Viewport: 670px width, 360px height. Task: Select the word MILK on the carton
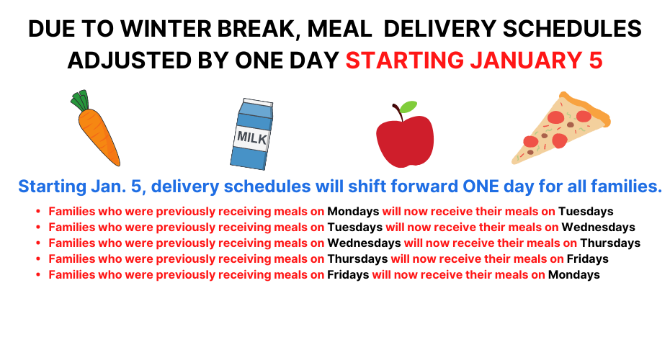click(x=252, y=138)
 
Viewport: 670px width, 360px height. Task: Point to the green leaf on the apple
click(x=408, y=107)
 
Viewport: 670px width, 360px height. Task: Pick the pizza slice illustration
click(x=561, y=128)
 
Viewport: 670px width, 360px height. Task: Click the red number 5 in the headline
click(x=596, y=60)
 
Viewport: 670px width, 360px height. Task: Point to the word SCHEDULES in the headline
click(x=572, y=29)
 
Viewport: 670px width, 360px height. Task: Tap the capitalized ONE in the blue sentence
click(x=481, y=186)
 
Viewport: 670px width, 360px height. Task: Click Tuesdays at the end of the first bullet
click(x=586, y=212)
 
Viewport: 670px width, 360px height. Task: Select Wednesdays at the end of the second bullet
click(x=598, y=228)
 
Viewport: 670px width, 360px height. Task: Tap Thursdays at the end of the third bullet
click(x=610, y=243)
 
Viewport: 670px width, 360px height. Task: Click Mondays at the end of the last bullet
click(x=574, y=274)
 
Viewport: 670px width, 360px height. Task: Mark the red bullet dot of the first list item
click(x=38, y=212)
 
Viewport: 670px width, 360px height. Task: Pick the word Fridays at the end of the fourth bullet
click(x=588, y=258)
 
